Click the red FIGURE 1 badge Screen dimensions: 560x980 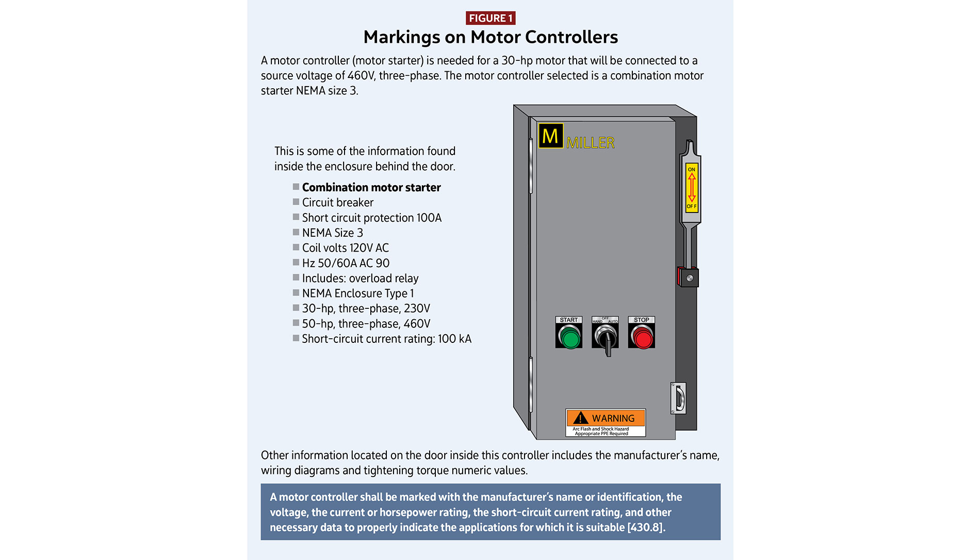[490, 18]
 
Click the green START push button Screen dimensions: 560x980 [569, 338]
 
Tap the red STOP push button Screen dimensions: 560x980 [642, 338]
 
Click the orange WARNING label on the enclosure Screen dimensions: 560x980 [606, 418]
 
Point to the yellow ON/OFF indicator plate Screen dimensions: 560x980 [692, 188]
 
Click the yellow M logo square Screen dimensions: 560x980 [550, 136]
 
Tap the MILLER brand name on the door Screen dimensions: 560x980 [591, 143]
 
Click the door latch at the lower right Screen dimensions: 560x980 [679, 398]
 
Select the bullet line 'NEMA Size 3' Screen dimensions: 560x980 [332, 233]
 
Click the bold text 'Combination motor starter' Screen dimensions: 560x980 [371, 188]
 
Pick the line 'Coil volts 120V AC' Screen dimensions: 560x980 [345, 248]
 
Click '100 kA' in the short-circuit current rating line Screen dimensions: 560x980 [454, 339]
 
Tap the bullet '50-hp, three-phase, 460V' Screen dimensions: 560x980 [366, 324]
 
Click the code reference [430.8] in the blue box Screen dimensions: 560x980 [645, 528]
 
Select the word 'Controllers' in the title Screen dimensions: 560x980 [571, 37]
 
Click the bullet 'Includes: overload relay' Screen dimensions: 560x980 [360, 278]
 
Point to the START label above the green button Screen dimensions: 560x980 [569, 320]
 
